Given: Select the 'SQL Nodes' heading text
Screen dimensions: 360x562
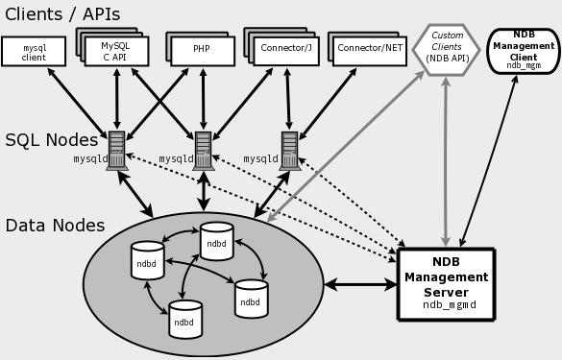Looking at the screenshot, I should tap(51, 140).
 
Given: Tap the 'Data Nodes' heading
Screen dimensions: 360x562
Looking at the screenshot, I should tap(55, 226).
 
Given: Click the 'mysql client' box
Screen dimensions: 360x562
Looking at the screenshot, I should tap(35, 52).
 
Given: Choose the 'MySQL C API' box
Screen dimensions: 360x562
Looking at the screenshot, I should tap(116, 51).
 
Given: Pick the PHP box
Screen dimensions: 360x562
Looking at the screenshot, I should tap(203, 51).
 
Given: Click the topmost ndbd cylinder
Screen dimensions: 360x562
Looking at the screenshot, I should tap(217, 242).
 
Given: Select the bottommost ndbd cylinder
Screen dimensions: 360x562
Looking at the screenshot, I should tap(185, 320).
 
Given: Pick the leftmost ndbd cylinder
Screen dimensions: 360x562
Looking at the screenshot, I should tap(147, 260).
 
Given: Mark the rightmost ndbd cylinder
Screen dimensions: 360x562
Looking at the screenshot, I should tap(251, 299).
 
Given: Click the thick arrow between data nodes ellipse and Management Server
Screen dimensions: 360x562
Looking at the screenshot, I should tap(361, 284).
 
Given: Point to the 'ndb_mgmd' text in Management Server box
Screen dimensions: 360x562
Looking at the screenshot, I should tap(450, 305).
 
